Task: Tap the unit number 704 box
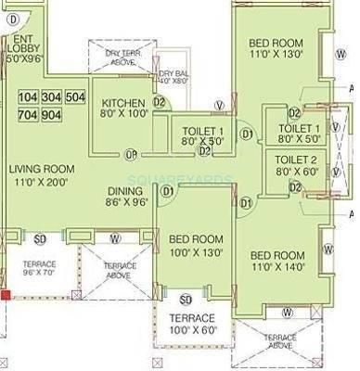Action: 28,115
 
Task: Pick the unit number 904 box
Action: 52,115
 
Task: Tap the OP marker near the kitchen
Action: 131,153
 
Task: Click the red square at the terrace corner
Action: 5,295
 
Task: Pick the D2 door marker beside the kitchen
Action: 159,102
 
